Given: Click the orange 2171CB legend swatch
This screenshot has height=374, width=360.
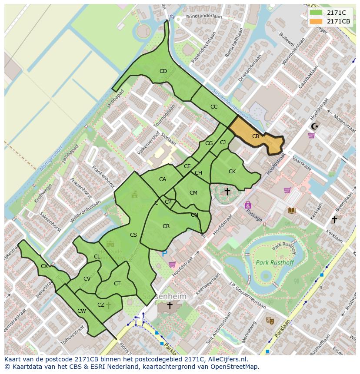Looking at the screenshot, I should [x=316, y=21].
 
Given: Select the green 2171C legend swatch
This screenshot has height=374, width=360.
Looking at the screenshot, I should [x=316, y=13].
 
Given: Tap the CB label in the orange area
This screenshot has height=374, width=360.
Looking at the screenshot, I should [x=256, y=136].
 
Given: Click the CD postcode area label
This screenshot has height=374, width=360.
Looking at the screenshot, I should [x=163, y=71].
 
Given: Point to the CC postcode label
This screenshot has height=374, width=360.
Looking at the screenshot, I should [x=214, y=107].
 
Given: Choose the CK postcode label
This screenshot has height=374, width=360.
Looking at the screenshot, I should [x=232, y=172].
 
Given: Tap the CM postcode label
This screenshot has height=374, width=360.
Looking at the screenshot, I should [x=193, y=193].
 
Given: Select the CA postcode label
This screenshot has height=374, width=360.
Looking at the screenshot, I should [x=163, y=179].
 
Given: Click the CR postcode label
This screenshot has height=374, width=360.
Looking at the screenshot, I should [x=166, y=226].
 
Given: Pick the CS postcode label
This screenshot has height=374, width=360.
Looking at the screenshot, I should [x=133, y=235].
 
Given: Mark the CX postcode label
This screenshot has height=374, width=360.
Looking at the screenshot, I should [x=44, y=266].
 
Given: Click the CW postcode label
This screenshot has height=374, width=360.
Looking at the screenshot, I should [x=81, y=311].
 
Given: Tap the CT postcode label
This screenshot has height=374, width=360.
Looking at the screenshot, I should [x=117, y=284].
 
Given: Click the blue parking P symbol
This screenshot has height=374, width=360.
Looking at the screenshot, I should [x=164, y=253].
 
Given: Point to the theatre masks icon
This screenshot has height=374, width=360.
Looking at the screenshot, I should [x=270, y=321].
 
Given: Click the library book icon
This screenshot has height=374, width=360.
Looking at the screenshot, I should [x=292, y=211].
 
